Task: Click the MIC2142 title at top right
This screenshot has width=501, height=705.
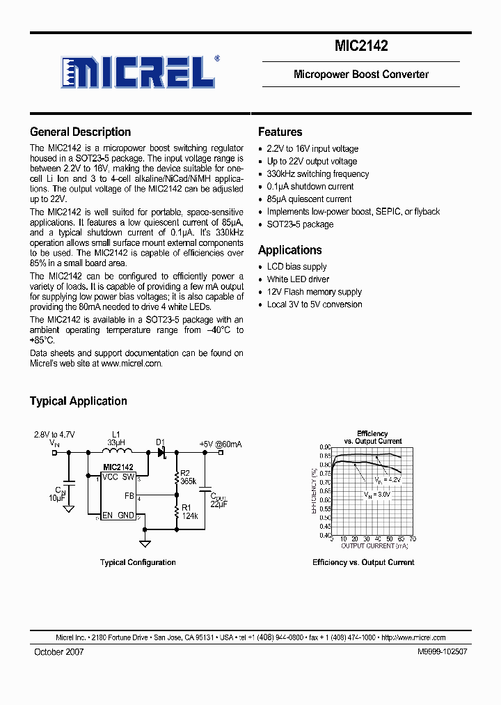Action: click(361, 47)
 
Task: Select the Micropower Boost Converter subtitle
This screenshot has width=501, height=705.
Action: click(361, 74)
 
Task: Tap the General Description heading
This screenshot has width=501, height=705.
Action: click(80, 132)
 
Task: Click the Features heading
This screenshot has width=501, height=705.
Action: click(280, 132)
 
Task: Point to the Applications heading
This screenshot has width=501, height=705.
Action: click(289, 250)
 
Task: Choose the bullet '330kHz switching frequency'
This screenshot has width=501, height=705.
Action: click(318, 174)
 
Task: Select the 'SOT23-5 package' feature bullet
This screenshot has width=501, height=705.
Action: click(300, 224)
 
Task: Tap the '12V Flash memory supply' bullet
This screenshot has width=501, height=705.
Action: click(315, 292)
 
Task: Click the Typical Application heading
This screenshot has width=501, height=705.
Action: click(78, 401)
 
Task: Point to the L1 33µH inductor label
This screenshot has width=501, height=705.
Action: click(116, 438)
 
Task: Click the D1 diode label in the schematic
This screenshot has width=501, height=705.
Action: click(160, 442)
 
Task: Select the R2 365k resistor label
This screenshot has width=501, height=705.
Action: click(188, 477)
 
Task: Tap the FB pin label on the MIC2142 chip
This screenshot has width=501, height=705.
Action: click(129, 496)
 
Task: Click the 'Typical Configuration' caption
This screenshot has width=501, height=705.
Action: click(138, 562)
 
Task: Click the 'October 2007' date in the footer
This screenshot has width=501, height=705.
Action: click(59, 651)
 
